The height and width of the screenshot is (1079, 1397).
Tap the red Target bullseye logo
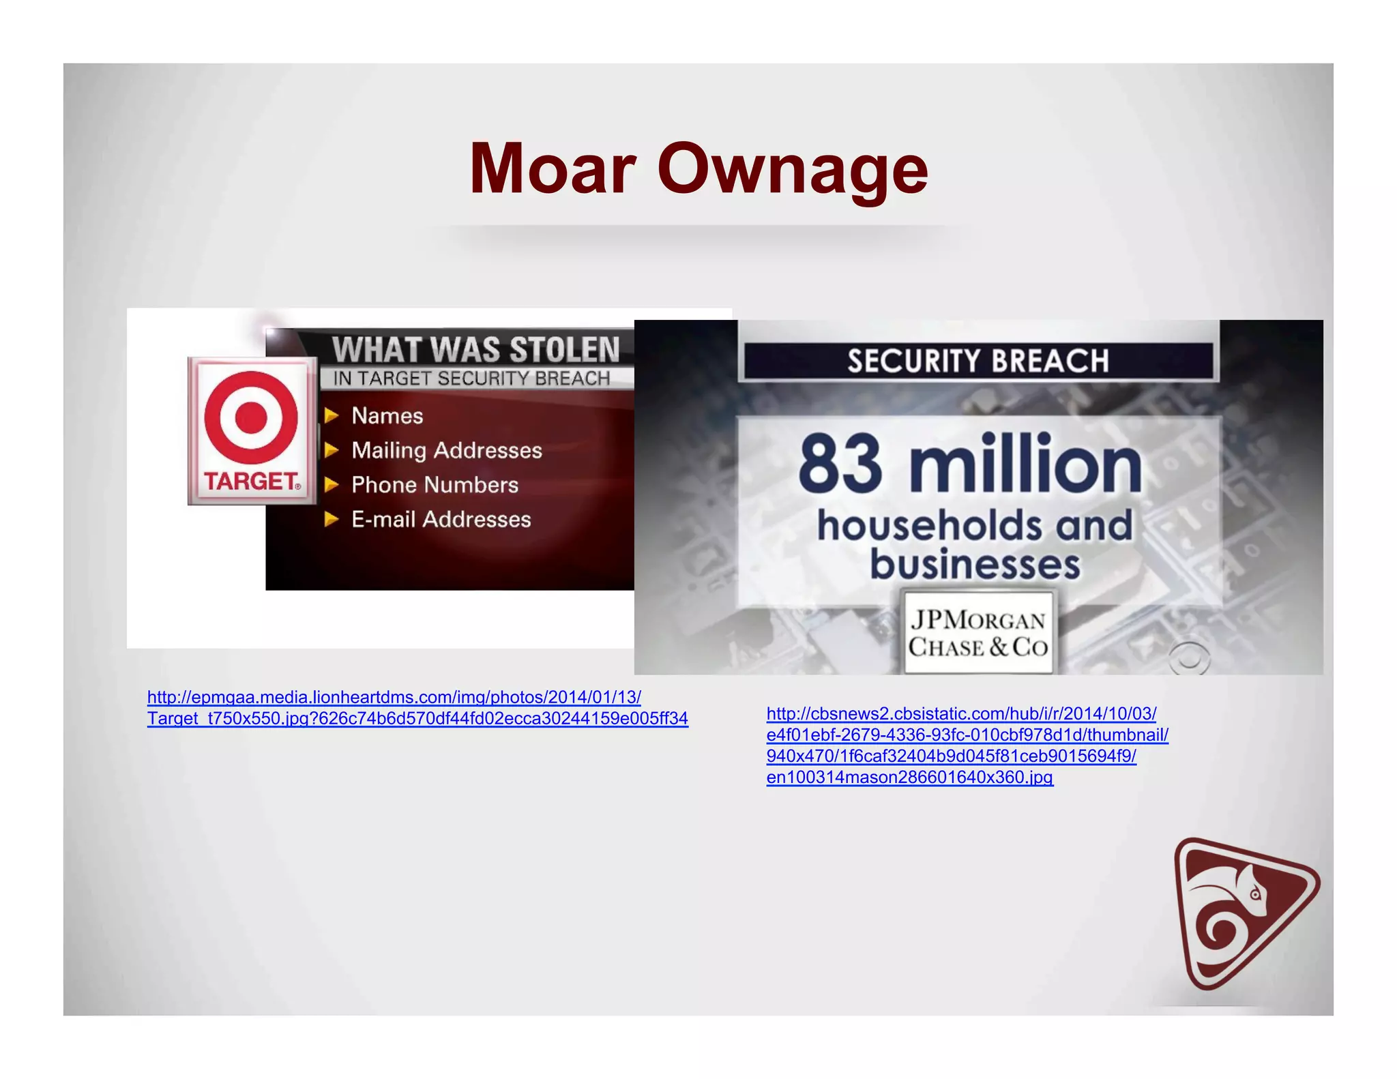[x=251, y=417]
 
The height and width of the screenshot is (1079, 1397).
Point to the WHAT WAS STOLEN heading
[x=475, y=349]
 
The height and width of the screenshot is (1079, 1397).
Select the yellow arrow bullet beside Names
[x=332, y=415]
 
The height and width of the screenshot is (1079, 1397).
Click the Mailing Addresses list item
[x=446, y=450]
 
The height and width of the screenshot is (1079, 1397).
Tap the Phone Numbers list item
[x=435, y=485]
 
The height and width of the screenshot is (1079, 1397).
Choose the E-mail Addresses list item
[x=441, y=520]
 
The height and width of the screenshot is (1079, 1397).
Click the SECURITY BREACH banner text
[x=977, y=361]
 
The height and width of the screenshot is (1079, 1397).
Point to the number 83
[x=840, y=465]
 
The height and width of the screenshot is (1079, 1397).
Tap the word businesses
[x=975, y=565]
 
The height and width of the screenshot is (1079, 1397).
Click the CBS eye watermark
[x=1189, y=659]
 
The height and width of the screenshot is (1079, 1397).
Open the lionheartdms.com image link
[x=394, y=698]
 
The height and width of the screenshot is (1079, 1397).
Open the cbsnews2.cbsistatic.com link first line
[x=961, y=714]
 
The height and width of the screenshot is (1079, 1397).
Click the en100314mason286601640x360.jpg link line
[x=909, y=778]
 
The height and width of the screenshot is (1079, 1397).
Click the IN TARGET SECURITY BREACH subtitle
[x=471, y=379]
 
